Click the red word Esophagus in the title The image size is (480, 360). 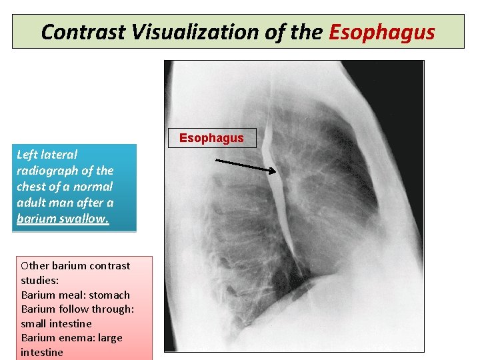[382, 32]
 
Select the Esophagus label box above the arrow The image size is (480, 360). [211, 138]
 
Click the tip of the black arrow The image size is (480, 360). [275, 172]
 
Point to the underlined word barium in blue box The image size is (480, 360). [35, 219]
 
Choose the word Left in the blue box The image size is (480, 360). [27, 154]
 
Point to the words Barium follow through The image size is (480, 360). [77, 309]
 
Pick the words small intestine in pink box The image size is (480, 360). [57, 323]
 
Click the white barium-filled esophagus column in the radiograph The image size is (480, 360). [279, 213]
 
